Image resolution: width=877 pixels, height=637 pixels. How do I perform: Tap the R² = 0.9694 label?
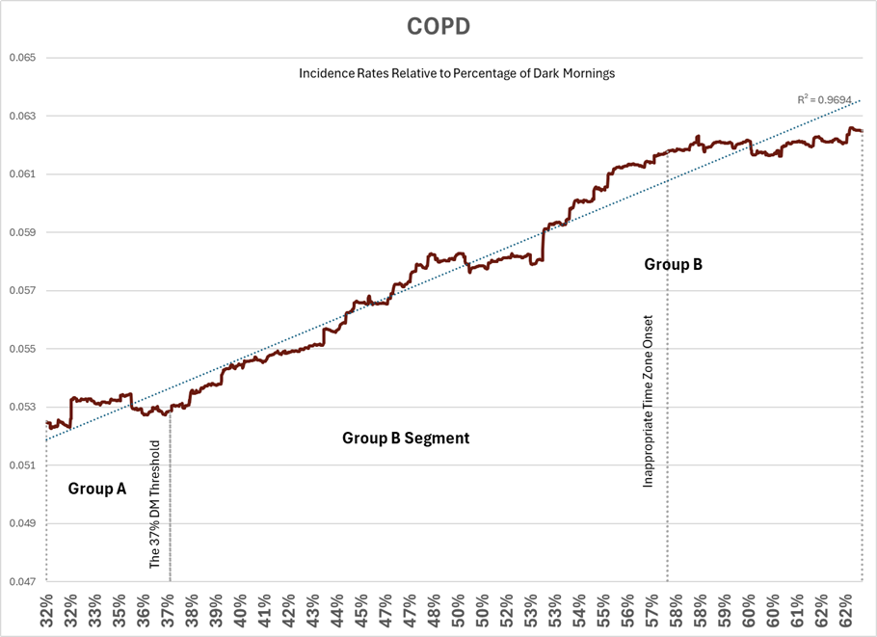point(828,99)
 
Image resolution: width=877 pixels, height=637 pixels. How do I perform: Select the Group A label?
point(96,489)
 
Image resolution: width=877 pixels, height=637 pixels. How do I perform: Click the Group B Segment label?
point(406,438)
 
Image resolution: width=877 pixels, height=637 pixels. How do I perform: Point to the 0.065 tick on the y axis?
point(22,58)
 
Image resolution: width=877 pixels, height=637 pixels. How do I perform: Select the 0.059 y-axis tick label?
point(22,232)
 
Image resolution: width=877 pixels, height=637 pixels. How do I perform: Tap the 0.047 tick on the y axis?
point(22,581)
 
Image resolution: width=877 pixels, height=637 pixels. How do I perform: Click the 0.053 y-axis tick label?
point(22,407)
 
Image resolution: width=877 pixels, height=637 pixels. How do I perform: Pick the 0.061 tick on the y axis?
point(22,174)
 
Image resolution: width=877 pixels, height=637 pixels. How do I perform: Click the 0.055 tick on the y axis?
point(22,349)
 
